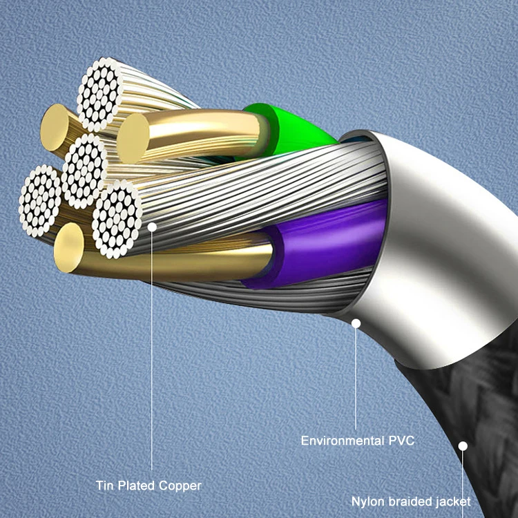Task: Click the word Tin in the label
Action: (105, 486)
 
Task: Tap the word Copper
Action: (180, 486)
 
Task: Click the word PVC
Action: (401, 440)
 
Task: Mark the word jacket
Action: (452, 501)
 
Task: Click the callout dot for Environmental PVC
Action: (356, 322)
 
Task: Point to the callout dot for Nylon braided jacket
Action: (463, 446)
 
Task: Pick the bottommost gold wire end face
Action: (68, 246)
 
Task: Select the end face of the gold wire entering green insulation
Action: (134, 138)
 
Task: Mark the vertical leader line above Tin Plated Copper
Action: (152, 345)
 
